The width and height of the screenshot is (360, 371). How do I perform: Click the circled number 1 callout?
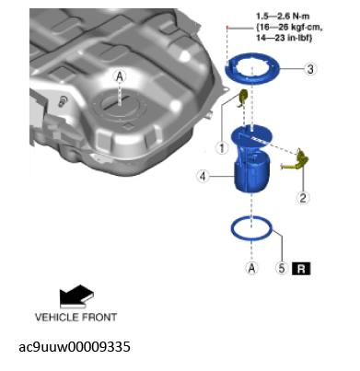coord(221,145)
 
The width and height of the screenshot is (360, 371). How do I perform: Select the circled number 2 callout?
coord(302,196)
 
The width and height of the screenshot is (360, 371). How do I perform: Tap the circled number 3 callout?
coord(311,69)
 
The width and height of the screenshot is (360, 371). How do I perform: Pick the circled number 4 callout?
coord(202,174)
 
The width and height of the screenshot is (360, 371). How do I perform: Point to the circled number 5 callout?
coord(281,269)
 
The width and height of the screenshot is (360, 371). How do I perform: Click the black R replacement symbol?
coord(303,269)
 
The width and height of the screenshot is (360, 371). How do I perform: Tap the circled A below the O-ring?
coord(250,268)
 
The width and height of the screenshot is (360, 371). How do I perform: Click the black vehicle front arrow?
coord(75,296)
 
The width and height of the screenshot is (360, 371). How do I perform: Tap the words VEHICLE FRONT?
coord(75,318)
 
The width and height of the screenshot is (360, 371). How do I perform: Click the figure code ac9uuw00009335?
coord(75,347)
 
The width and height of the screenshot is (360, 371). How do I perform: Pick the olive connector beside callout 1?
coord(243,99)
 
